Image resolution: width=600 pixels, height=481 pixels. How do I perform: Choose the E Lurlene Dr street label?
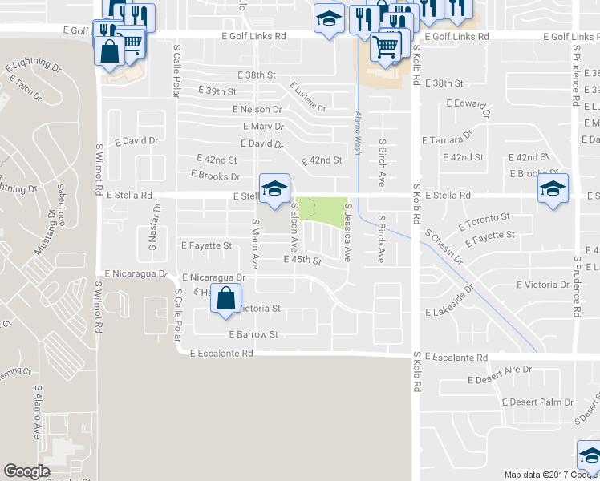308,97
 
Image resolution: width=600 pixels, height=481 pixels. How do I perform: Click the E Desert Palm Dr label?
537,402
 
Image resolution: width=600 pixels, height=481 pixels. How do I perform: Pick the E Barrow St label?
253,334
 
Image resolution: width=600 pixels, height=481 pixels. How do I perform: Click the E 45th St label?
302,261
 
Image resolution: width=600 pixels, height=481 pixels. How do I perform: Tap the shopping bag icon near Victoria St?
226,298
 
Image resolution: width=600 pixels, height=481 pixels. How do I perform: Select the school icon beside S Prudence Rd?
553,190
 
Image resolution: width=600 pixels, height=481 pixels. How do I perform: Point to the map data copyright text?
550,475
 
